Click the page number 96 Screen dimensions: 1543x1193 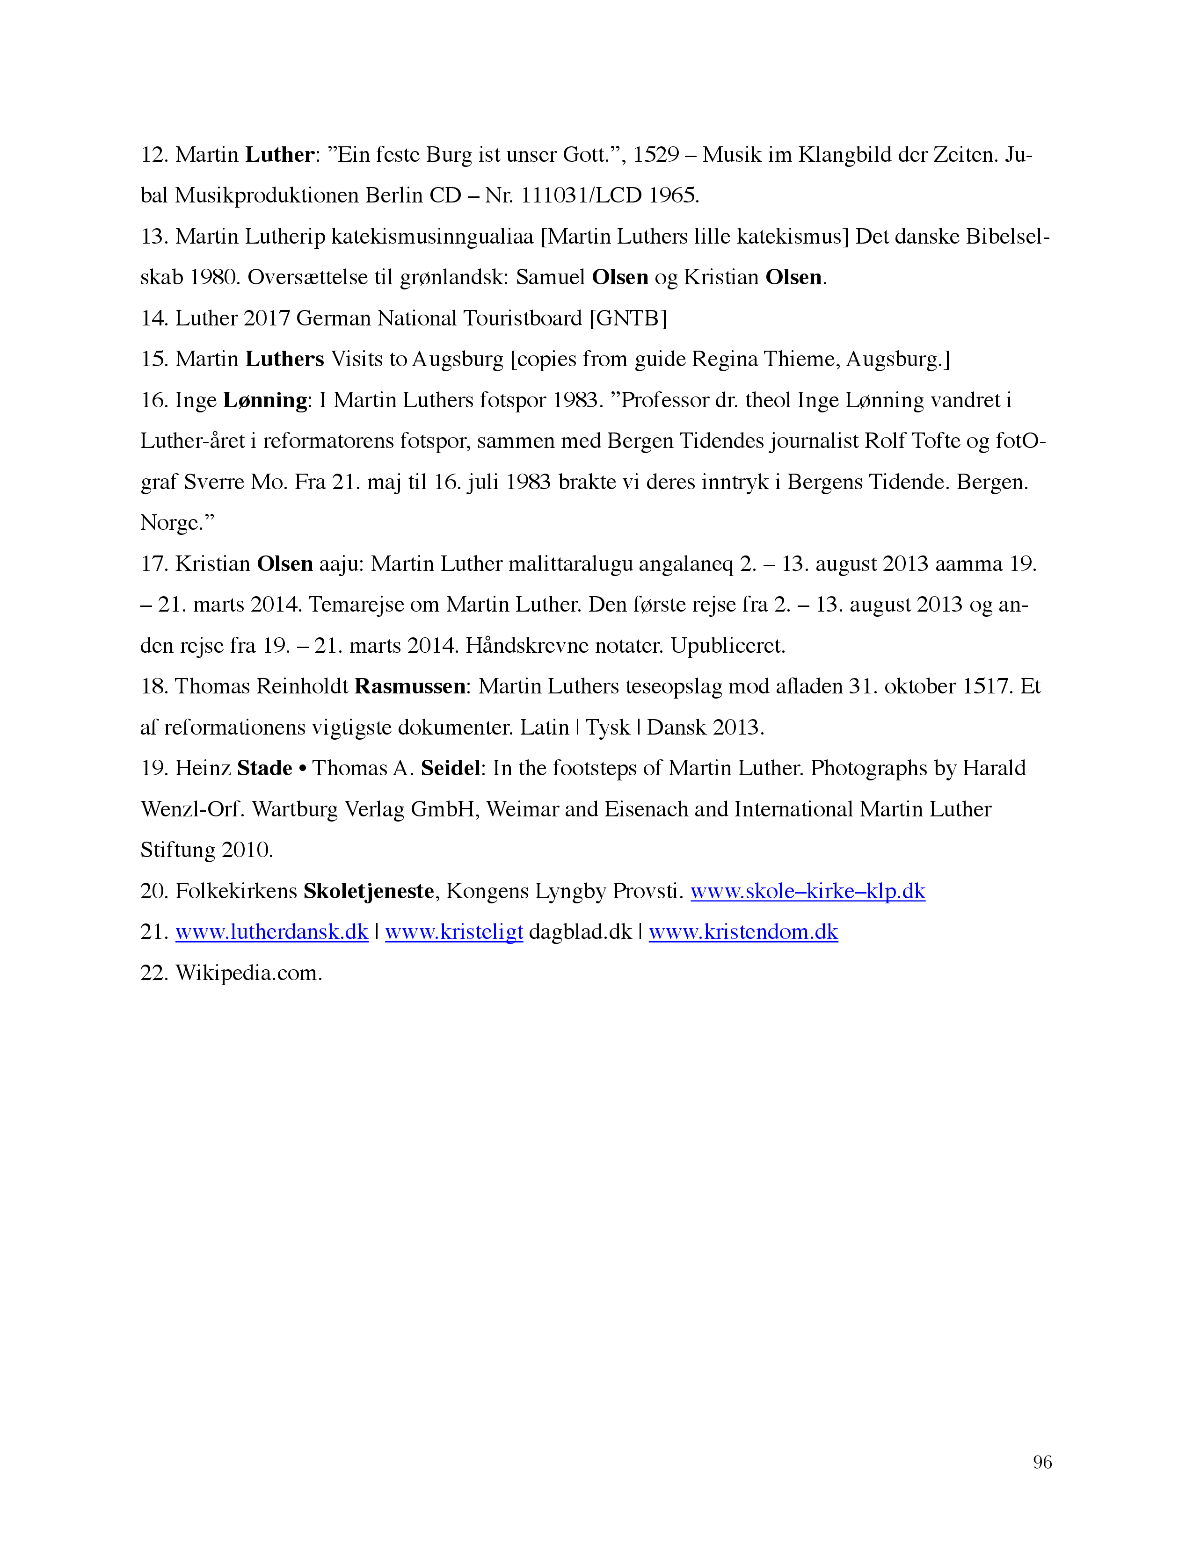click(x=1042, y=1462)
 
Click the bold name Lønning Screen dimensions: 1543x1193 click(x=265, y=401)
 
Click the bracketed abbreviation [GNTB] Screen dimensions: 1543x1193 click(x=627, y=318)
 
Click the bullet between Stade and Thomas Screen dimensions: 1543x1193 click(x=303, y=769)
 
